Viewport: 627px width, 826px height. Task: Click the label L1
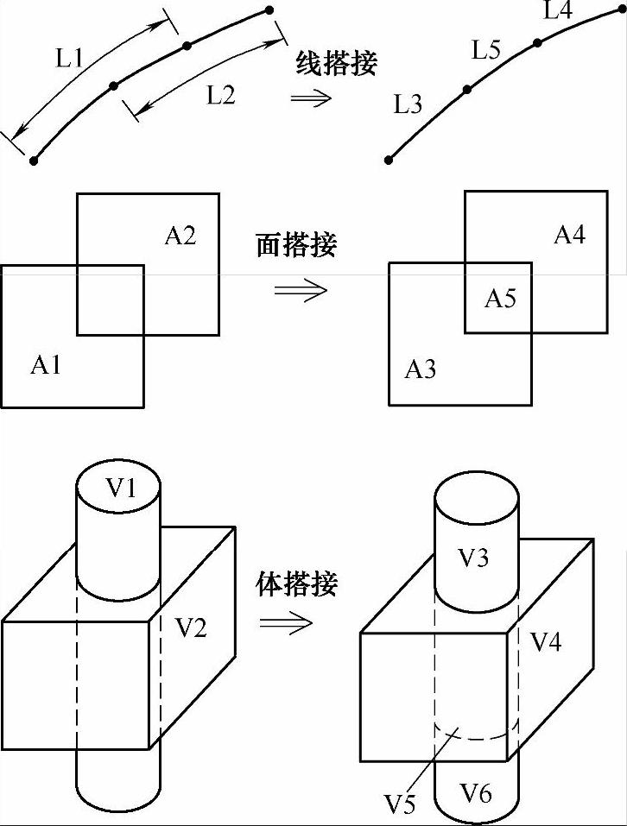pyautogui.click(x=69, y=59)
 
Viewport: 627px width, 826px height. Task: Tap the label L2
pyautogui.click(x=220, y=94)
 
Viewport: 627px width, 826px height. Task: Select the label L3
pyautogui.click(x=408, y=106)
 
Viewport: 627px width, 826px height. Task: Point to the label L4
pyautogui.click(x=558, y=11)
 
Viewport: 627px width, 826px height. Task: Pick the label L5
pyautogui.click(x=485, y=51)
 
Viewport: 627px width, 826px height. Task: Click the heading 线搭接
pyautogui.click(x=336, y=63)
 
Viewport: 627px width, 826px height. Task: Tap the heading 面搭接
pyautogui.click(x=296, y=246)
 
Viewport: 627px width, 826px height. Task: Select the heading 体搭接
pyautogui.click(x=296, y=584)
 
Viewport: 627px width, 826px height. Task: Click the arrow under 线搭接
pyautogui.click(x=311, y=97)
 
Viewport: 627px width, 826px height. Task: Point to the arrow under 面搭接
pyautogui.click(x=301, y=289)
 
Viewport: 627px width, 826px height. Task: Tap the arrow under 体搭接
pyautogui.click(x=287, y=623)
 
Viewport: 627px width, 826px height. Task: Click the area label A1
pyautogui.click(x=46, y=365)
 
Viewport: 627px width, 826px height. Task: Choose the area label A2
pyautogui.click(x=180, y=235)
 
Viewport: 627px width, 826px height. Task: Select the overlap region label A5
pyautogui.click(x=500, y=299)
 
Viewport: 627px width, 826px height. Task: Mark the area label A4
pyautogui.click(x=569, y=234)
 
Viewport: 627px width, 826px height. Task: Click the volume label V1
pyautogui.click(x=121, y=488)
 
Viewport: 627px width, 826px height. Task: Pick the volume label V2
pyautogui.click(x=191, y=627)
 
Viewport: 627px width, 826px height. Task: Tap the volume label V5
pyautogui.click(x=400, y=804)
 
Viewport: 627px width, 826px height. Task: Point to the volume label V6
pyautogui.click(x=476, y=791)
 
